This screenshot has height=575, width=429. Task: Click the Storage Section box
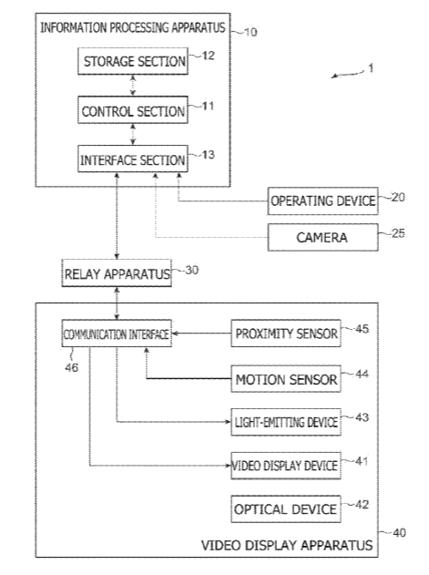coord(133,61)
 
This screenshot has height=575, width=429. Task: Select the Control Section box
coord(133,110)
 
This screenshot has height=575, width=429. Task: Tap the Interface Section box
coord(133,159)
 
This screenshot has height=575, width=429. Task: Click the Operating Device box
coord(322,201)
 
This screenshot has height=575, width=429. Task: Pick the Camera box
coord(322,237)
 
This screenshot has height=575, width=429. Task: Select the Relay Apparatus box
coord(117,273)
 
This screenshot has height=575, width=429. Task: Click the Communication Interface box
coord(117,334)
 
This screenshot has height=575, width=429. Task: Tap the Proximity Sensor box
coord(286,334)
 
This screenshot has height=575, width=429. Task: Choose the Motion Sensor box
coord(286,379)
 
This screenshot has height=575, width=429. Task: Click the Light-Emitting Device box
coord(286,422)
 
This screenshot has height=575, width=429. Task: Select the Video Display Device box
coord(286,466)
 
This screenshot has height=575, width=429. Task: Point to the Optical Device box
coord(286,509)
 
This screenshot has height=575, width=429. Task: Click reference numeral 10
coord(250,32)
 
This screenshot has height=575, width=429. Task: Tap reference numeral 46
coord(71,367)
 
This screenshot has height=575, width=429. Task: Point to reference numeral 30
coord(192,271)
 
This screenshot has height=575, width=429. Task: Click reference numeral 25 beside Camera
coord(398,233)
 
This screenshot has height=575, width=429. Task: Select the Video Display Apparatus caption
coord(287,545)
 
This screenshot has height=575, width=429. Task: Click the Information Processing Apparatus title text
coord(133,27)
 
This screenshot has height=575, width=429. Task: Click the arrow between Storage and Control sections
coord(133,86)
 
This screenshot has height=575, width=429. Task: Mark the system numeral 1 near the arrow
coord(371,68)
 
